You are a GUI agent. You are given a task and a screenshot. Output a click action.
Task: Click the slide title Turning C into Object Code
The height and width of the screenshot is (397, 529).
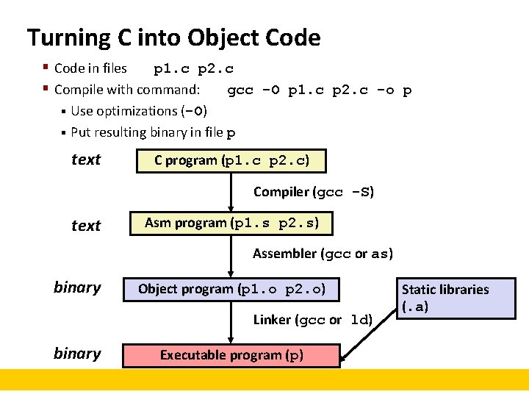[x=173, y=37]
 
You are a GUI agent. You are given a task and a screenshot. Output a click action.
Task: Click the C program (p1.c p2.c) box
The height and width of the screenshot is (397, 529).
[x=231, y=160]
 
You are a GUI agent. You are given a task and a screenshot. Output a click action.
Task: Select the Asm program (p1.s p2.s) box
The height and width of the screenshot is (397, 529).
[x=231, y=223]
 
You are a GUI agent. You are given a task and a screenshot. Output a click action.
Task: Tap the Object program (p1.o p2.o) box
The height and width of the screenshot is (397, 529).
[x=231, y=289]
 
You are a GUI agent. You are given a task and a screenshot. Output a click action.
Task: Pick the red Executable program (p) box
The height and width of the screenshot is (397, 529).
[x=231, y=355]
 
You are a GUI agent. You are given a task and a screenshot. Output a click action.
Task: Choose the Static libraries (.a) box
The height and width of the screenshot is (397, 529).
[x=456, y=298]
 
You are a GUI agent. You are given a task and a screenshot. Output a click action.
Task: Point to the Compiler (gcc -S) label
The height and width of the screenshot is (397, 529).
[x=314, y=193]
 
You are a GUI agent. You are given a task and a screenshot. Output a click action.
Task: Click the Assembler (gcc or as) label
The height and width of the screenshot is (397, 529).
[x=323, y=254]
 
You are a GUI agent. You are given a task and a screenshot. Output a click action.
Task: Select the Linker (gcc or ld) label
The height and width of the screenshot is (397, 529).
[x=313, y=320]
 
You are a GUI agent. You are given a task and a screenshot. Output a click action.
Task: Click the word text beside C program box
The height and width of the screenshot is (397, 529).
[x=86, y=160]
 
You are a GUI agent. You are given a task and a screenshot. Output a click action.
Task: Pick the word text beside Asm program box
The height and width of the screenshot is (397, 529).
[x=86, y=226]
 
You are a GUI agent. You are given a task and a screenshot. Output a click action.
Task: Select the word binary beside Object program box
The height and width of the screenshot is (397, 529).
[x=77, y=287]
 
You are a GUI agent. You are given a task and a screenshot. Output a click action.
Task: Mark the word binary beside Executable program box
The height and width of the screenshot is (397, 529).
[x=77, y=354]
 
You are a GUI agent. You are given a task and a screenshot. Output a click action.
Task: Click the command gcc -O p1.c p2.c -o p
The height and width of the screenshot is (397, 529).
[x=319, y=90]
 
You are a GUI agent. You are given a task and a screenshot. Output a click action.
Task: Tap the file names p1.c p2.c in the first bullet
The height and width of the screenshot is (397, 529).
[x=193, y=69]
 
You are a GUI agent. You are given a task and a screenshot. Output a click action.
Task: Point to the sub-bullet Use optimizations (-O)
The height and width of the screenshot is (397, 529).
[x=139, y=111]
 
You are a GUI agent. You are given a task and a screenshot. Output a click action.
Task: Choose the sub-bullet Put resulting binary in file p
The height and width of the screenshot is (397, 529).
[x=153, y=133]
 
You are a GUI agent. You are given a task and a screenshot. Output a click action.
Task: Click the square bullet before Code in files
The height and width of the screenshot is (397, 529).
[x=46, y=68]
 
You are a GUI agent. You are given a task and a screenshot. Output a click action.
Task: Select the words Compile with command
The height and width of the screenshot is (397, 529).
[x=127, y=90]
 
